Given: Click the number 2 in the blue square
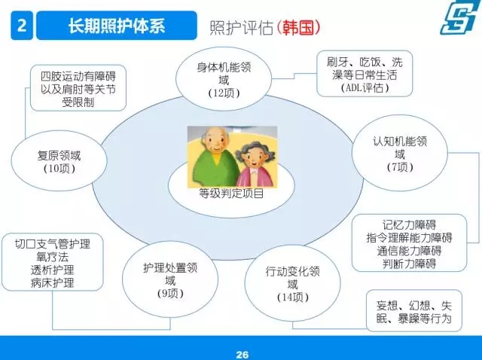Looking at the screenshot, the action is tap(22, 25).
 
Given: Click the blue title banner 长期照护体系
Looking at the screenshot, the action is tap(117, 25).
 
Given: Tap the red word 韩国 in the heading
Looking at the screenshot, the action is tap(298, 27).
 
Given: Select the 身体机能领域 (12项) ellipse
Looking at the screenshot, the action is tap(224, 78).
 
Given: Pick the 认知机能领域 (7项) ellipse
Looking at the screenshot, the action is tap(400, 153).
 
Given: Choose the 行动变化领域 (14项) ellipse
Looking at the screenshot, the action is tap(293, 283).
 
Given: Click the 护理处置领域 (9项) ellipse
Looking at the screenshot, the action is tap(170, 279).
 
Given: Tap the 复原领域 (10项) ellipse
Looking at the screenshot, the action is tap(59, 160).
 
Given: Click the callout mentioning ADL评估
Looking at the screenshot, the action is tap(365, 74).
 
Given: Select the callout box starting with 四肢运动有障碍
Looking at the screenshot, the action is tap(78, 88).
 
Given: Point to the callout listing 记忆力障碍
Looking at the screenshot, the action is tap(409, 243).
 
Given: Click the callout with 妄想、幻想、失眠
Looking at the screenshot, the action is tap(414, 311).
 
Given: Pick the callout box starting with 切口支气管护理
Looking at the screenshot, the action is tap(53, 262).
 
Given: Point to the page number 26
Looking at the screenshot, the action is tap(243, 354).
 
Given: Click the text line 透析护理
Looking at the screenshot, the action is tap(53, 270).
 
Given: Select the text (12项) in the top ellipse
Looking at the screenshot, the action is tap(224, 93).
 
